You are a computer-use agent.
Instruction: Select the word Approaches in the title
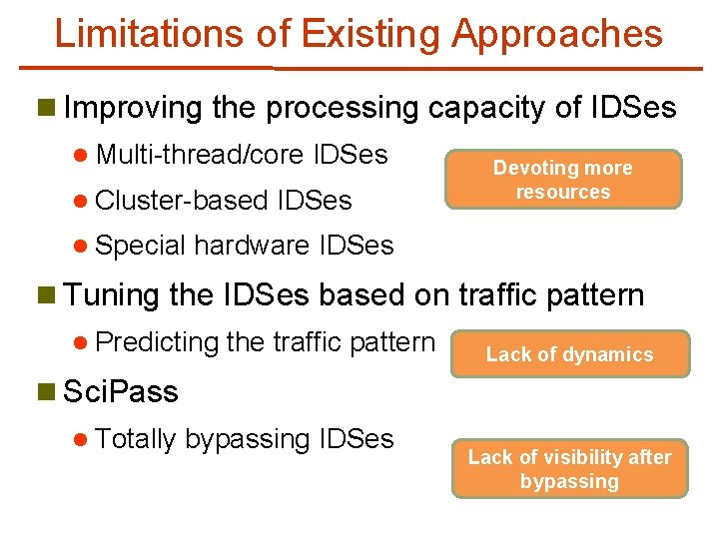pyautogui.click(x=556, y=33)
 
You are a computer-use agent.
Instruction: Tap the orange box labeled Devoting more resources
pyautogui.click(x=563, y=180)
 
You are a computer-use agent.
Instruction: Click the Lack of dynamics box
pyautogui.click(x=569, y=354)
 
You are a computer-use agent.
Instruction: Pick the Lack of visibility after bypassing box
pyautogui.click(x=569, y=469)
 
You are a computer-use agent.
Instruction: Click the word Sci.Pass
pyautogui.click(x=120, y=392)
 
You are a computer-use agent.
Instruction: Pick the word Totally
pyautogui.click(x=136, y=439)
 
